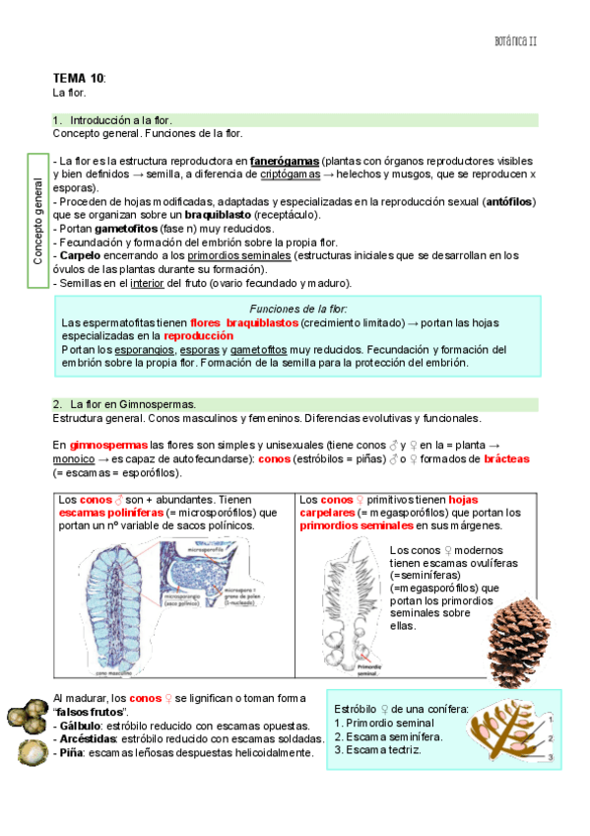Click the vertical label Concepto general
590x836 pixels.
37,220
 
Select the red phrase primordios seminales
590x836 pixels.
358,526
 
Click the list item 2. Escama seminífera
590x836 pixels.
388,736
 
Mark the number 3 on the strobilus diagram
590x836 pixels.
551,757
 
